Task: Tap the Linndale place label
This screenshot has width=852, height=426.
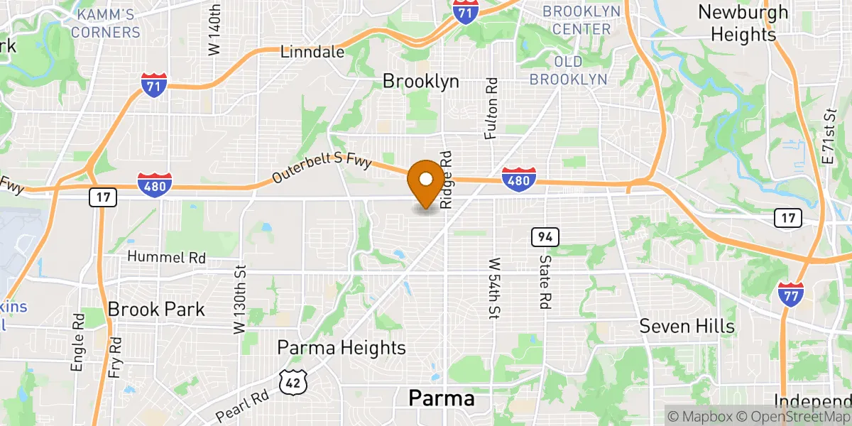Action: (312, 52)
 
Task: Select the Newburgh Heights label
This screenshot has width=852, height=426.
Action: (743, 23)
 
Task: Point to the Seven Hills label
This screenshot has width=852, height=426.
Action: (687, 326)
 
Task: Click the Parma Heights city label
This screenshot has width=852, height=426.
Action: (342, 347)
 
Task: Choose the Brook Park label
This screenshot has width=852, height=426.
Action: (156, 309)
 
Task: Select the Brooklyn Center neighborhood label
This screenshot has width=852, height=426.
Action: (581, 20)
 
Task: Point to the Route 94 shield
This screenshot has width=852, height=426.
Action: (545, 236)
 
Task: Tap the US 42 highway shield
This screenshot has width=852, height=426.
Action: (293, 382)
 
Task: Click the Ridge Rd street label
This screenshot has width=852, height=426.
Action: (446, 179)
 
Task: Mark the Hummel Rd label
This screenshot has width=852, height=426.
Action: (166, 258)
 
